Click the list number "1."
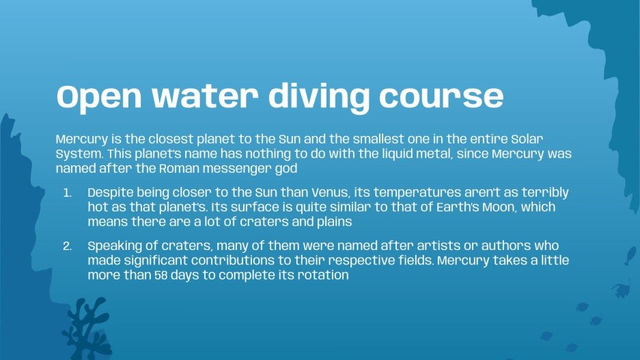(x=68, y=193)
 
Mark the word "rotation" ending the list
(x=324, y=275)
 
